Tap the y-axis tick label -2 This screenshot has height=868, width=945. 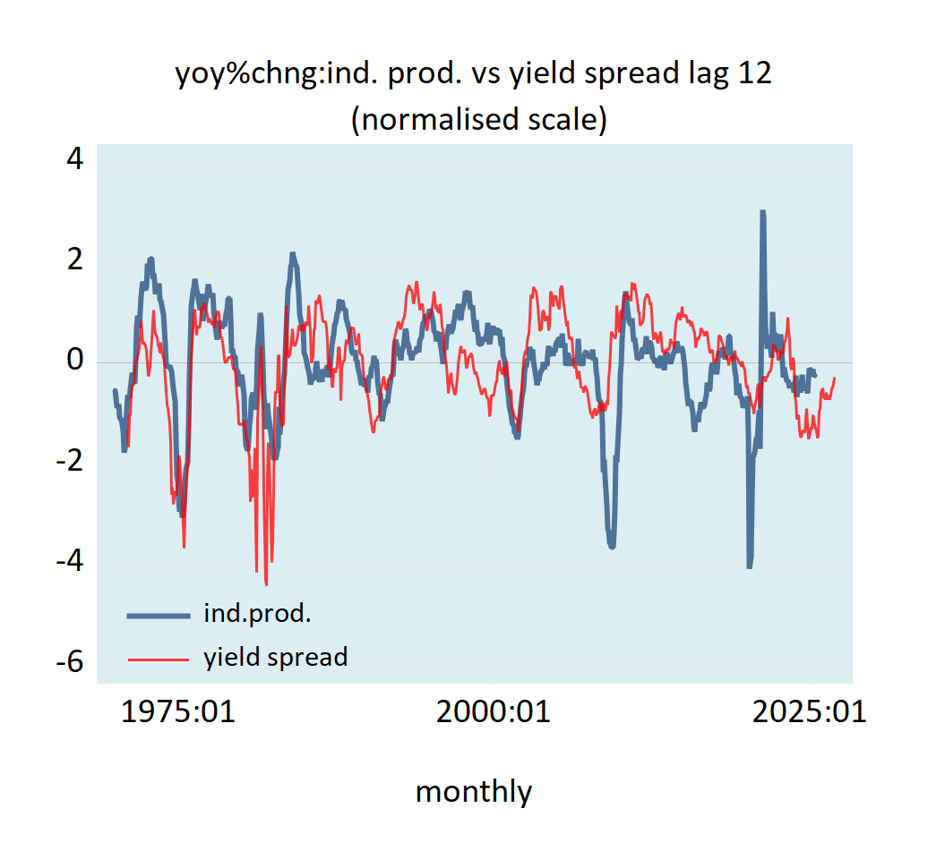(69, 462)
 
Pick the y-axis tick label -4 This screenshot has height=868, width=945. (69, 562)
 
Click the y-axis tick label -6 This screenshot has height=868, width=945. (69, 663)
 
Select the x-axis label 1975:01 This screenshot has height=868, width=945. (177, 712)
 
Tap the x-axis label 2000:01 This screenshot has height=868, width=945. (493, 712)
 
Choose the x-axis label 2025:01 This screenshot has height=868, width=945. (809, 712)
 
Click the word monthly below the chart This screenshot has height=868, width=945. (474, 791)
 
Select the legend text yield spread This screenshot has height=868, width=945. (275, 658)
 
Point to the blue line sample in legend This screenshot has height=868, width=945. (159, 615)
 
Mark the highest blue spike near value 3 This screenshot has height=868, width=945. (762, 213)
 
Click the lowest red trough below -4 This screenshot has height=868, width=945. (266, 583)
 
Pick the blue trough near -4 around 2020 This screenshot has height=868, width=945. (749, 566)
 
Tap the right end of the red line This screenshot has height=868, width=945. (835, 379)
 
